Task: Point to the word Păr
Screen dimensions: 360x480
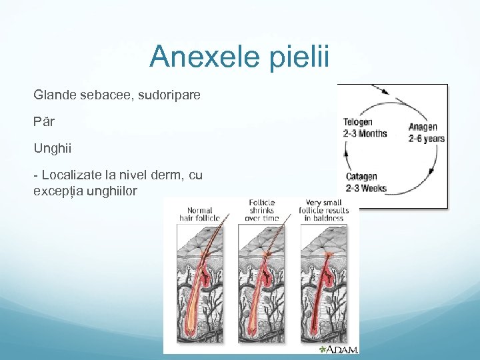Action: (44, 122)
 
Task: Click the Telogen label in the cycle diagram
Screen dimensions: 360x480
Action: (358, 123)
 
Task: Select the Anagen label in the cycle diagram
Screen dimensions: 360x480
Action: (423, 127)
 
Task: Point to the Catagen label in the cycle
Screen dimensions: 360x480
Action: (363, 177)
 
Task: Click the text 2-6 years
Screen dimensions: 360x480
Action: (426, 139)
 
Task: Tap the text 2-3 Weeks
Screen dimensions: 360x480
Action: (366, 189)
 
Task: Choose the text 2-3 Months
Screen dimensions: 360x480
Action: (365, 133)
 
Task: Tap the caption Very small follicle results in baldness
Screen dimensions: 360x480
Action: (325, 210)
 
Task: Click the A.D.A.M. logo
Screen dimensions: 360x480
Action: (339, 349)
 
